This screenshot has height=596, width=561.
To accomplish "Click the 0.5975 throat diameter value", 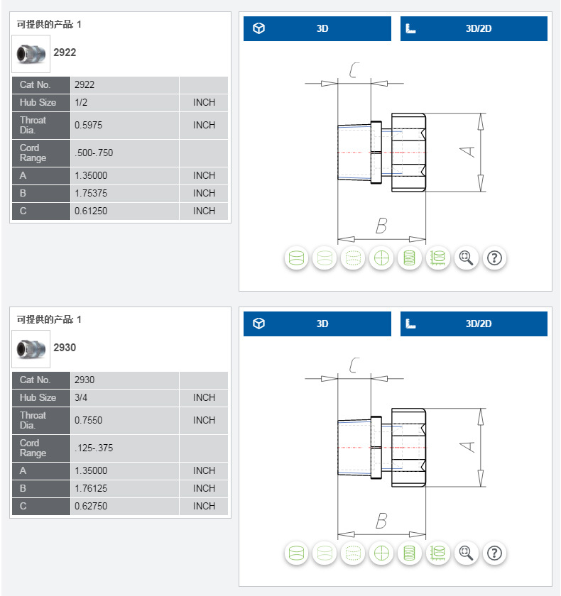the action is pyautogui.click(x=88, y=125).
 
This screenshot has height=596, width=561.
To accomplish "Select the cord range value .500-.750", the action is pyautogui.click(x=94, y=153).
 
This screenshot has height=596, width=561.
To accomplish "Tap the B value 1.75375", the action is pyautogui.click(x=91, y=193).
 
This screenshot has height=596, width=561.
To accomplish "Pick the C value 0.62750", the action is pyautogui.click(x=91, y=506).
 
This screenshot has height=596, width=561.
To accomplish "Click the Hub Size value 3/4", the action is pyautogui.click(x=81, y=397).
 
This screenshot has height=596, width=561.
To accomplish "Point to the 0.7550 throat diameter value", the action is pyautogui.click(x=88, y=420).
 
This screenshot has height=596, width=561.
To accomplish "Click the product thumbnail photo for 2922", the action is pyautogui.click(x=31, y=54).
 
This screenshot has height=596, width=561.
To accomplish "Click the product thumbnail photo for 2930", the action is pyautogui.click(x=31, y=349).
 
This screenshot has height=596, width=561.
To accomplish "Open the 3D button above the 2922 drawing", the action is pyautogui.click(x=317, y=28).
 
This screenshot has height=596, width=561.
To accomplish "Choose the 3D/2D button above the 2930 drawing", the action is pyautogui.click(x=474, y=324).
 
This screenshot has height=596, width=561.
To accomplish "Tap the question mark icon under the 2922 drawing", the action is pyautogui.click(x=494, y=258).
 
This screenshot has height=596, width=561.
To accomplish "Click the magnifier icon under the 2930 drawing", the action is pyautogui.click(x=467, y=553).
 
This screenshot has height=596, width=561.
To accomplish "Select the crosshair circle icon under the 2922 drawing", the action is pyautogui.click(x=381, y=258).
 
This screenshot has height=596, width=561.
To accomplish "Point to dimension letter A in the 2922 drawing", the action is pyautogui.click(x=468, y=152).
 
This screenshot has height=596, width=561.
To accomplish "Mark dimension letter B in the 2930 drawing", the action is pyautogui.click(x=381, y=521).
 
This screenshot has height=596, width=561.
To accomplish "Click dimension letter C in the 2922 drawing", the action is pyautogui.click(x=354, y=70).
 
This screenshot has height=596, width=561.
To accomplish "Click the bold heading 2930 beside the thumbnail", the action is pyautogui.click(x=65, y=348).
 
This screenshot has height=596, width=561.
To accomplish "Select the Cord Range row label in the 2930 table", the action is pyautogui.click(x=33, y=448).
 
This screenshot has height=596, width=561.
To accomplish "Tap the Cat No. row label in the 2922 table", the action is pyautogui.click(x=35, y=84).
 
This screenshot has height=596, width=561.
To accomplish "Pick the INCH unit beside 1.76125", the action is pyautogui.click(x=204, y=488).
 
